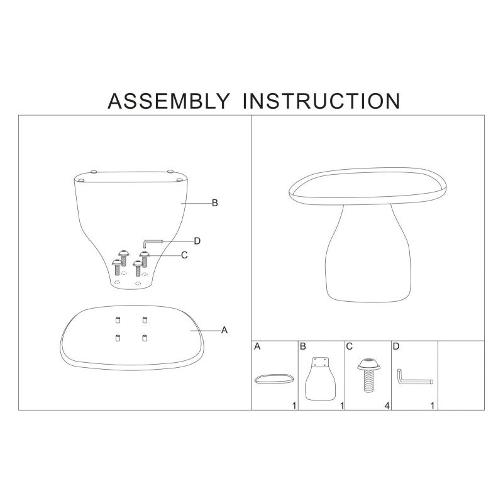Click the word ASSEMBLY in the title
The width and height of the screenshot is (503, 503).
pyautogui.click(x=169, y=101)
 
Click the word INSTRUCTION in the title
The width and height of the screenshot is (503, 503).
pyautogui.click(x=321, y=101)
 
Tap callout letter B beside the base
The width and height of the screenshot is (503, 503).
pyautogui.click(x=215, y=203)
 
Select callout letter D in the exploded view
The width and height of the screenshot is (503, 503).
pyautogui.click(x=197, y=241)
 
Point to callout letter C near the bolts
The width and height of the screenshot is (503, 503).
pyautogui.click(x=184, y=255)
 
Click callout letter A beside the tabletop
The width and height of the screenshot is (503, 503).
pyautogui.click(x=224, y=330)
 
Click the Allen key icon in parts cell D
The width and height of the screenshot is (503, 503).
pyautogui.click(x=415, y=379)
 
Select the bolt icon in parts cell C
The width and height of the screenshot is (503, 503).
pyautogui.click(x=369, y=375)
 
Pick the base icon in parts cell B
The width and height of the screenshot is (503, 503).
pyautogui.click(x=321, y=379)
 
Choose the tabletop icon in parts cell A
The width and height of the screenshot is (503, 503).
pyautogui.click(x=274, y=379)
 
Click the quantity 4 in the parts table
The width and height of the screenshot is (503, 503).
pyautogui.click(x=387, y=406)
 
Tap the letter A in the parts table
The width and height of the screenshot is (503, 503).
pyautogui.click(x=257, y=346)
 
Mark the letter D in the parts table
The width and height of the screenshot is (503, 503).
pyautogui.click(x=396, y=346)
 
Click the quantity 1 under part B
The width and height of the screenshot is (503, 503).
pyautogui.click(x=342, y=406)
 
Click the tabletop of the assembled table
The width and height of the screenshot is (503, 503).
pyautogui.click(x=367, y=186)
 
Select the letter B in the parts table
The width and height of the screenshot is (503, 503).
pyautogui.click(x=303, y=346)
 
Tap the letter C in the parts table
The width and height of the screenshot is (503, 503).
pyautogui.click(x=350, y=346)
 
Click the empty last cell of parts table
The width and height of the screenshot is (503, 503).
pyautogui.click(x=462, y=375)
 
